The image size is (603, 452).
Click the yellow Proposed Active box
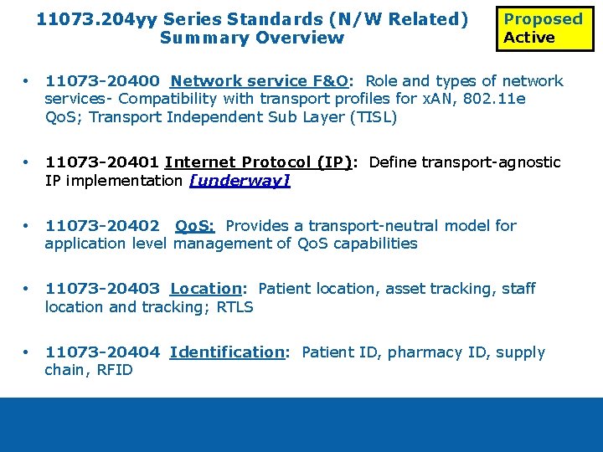click(x=544, y=28)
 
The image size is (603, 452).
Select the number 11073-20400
click(x=102, y=81)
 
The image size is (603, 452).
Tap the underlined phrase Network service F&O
click(x=259, y=81)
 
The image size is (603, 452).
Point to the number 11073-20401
click(x=102, y=162)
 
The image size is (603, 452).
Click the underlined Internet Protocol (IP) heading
click(x=258, y=162)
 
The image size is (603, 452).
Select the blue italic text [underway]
click(x=240, y=181)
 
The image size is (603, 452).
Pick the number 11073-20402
click(x=102, y=226)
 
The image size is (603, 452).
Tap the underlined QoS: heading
click(x=194, y=226)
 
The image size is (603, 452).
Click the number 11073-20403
click(x=102, y=289)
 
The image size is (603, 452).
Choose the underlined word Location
click(x=206, y=289)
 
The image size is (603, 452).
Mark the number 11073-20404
click(x=102, y=352)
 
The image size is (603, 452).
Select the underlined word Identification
click(x=227, y=352)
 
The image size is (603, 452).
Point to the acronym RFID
click(x=114, y=371)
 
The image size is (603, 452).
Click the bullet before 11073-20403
click(x=28, y=289)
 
